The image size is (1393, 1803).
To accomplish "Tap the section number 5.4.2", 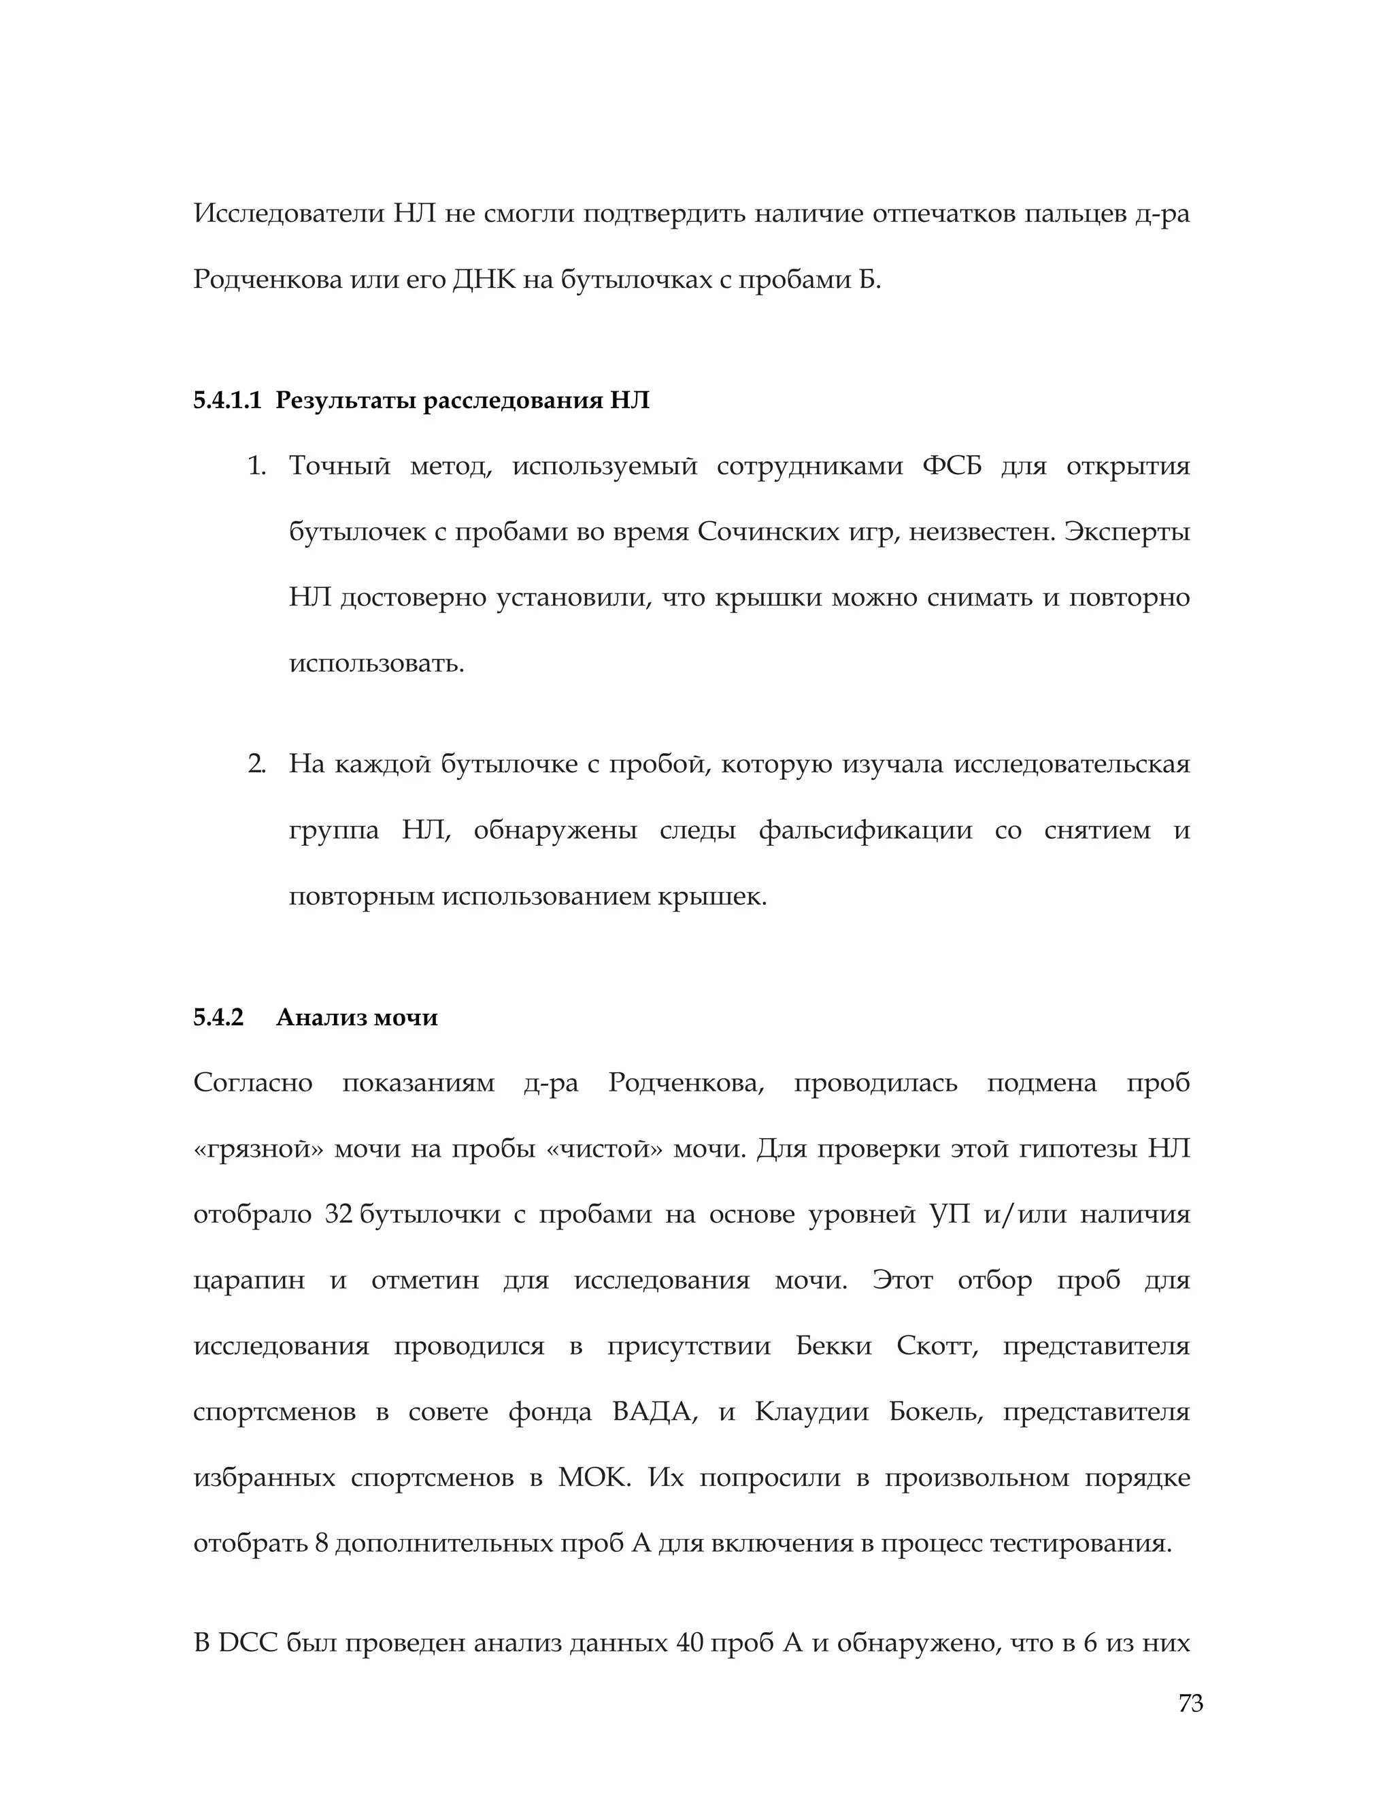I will tap(219, 1017).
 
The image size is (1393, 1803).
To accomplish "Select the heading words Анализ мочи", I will tap(356, 1017).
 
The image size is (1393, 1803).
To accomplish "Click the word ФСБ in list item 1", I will tap(952, 467).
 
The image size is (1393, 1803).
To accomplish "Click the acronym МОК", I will tap(592, 1478).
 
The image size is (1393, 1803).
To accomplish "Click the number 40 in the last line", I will tap(689, 1643).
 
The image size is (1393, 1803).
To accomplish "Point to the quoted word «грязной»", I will tap(258, 1149).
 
